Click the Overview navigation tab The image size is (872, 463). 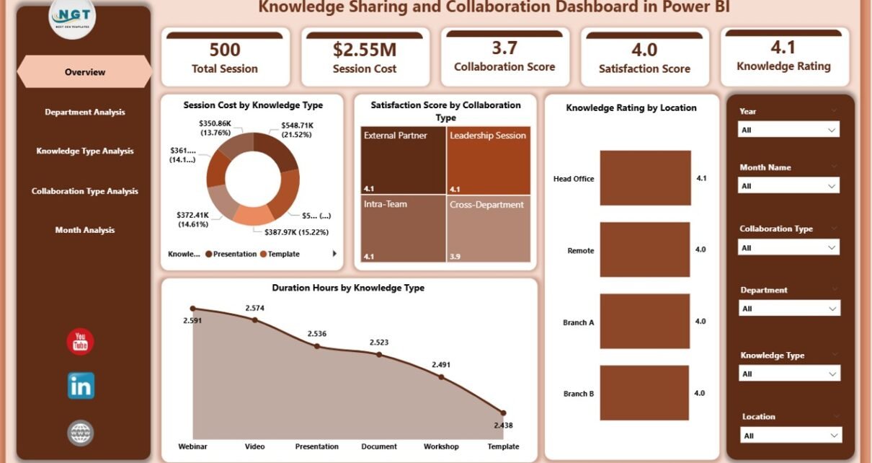coord(85,72)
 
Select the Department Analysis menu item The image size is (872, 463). coord(85,112)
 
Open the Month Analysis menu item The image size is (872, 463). coord(85,230)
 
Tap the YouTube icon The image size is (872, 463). coord(80,342)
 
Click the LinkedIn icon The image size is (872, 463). coord(81,387)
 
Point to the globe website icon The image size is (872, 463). coord(80,433)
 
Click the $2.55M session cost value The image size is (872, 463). coord(365,50)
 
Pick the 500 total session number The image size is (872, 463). coord(225,50)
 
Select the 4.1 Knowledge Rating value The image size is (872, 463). coord(783,47)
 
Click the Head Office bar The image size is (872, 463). coord(645,178)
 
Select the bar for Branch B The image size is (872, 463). coord(645,393)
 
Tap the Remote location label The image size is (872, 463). coord(581,251)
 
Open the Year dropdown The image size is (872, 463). coord(789,130)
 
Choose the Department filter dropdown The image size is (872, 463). coord(789,309)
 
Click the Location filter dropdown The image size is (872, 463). coord(791,436)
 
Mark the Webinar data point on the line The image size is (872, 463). coord(192,309)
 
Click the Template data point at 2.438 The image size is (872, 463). coord(504,413)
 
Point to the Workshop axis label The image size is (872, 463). coord(441,446)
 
